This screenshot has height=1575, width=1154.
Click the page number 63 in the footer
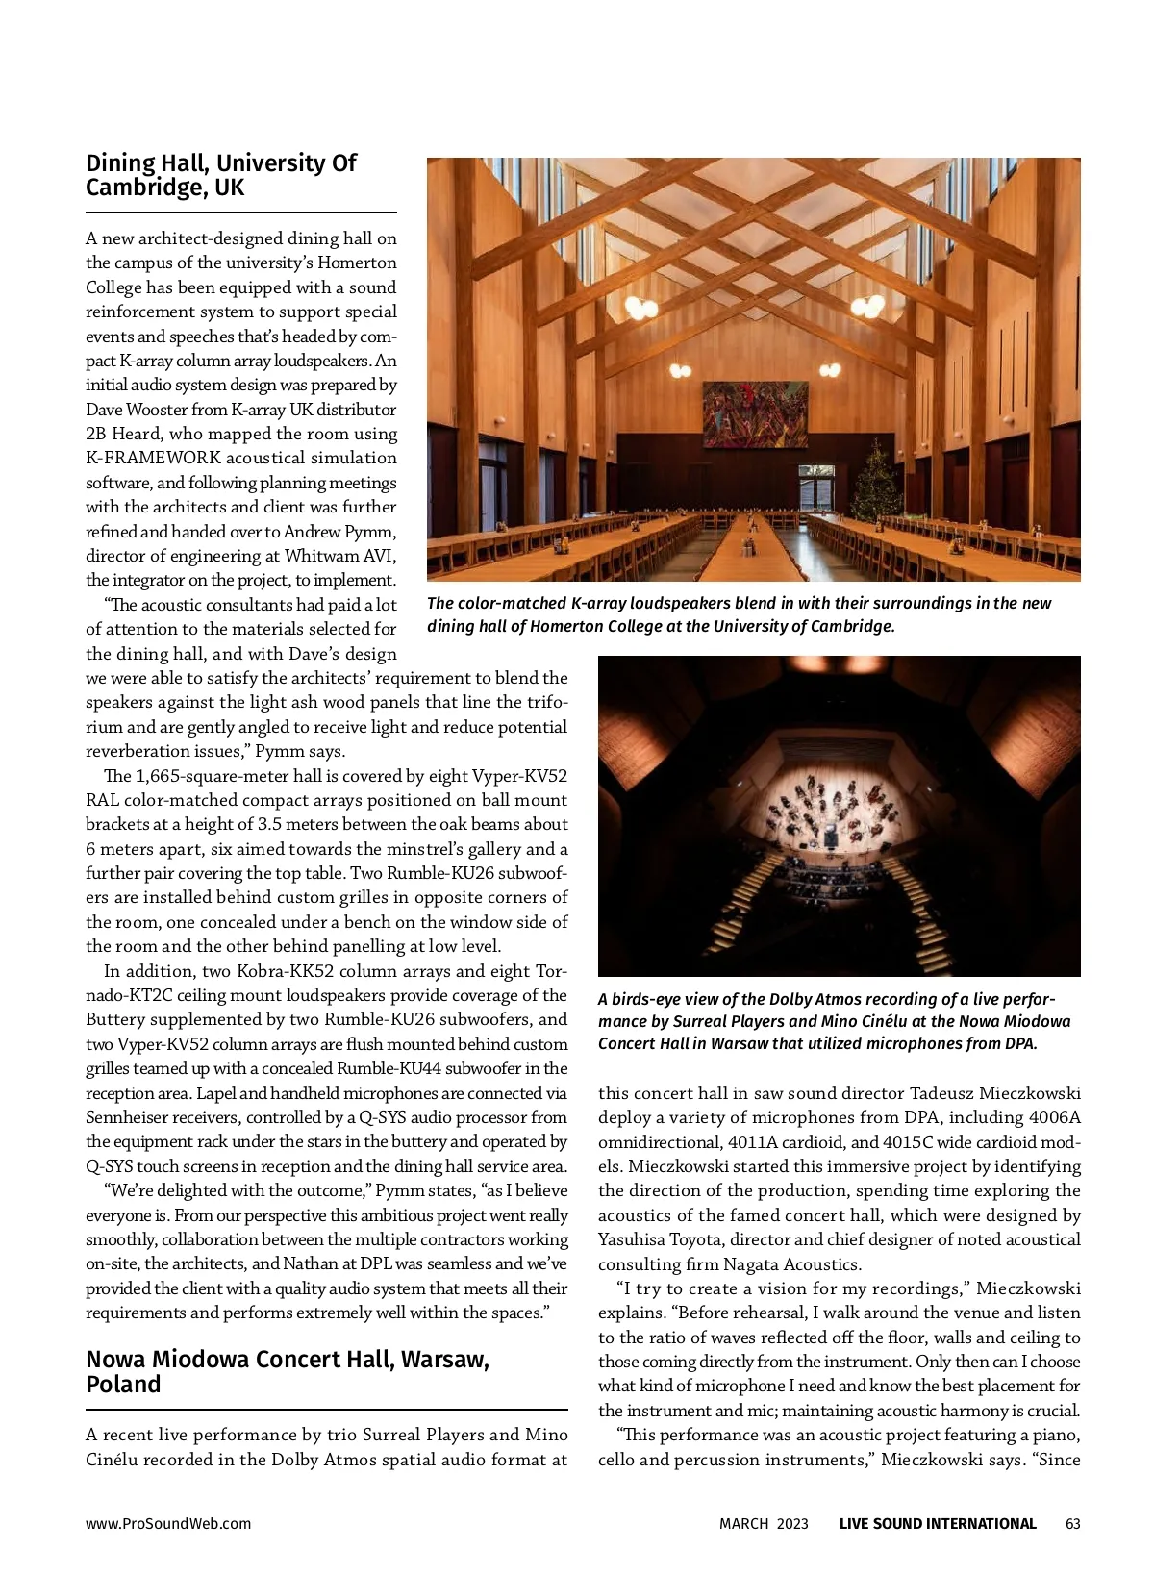point(1073,1524)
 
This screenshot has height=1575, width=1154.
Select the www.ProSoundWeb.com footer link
point(168,1524)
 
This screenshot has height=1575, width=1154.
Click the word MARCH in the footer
point(743,1524)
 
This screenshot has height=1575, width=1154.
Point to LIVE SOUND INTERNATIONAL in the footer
point(938,1524)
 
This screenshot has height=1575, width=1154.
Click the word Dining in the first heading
point(120,163)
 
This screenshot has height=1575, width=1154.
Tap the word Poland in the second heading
point(123,1385)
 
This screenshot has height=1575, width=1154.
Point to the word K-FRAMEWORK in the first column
point(154,459)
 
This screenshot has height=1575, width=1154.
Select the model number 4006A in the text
point(1054,1118)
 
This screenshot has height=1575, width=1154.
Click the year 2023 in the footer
point(792,1524)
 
